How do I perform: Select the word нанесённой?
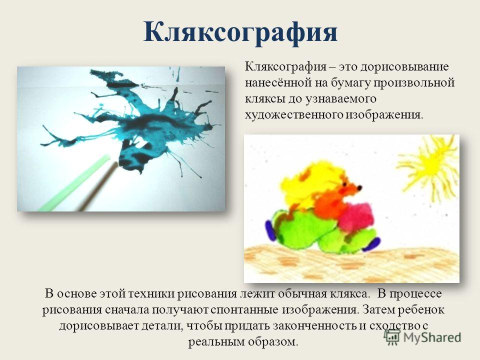point(276,83)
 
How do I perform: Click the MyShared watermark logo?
point(423,337)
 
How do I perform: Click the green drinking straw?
point(73,183)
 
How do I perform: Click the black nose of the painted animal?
point(359,187)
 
